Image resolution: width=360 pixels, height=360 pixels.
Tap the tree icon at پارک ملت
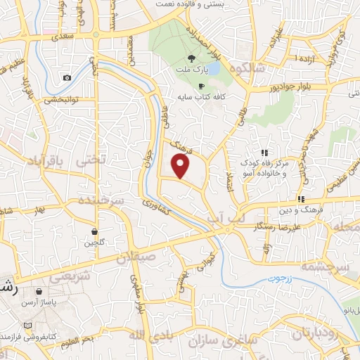pos(193,59)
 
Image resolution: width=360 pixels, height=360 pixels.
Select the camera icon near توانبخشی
pos(67,77)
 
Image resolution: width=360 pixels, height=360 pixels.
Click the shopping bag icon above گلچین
pos(94,231)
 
